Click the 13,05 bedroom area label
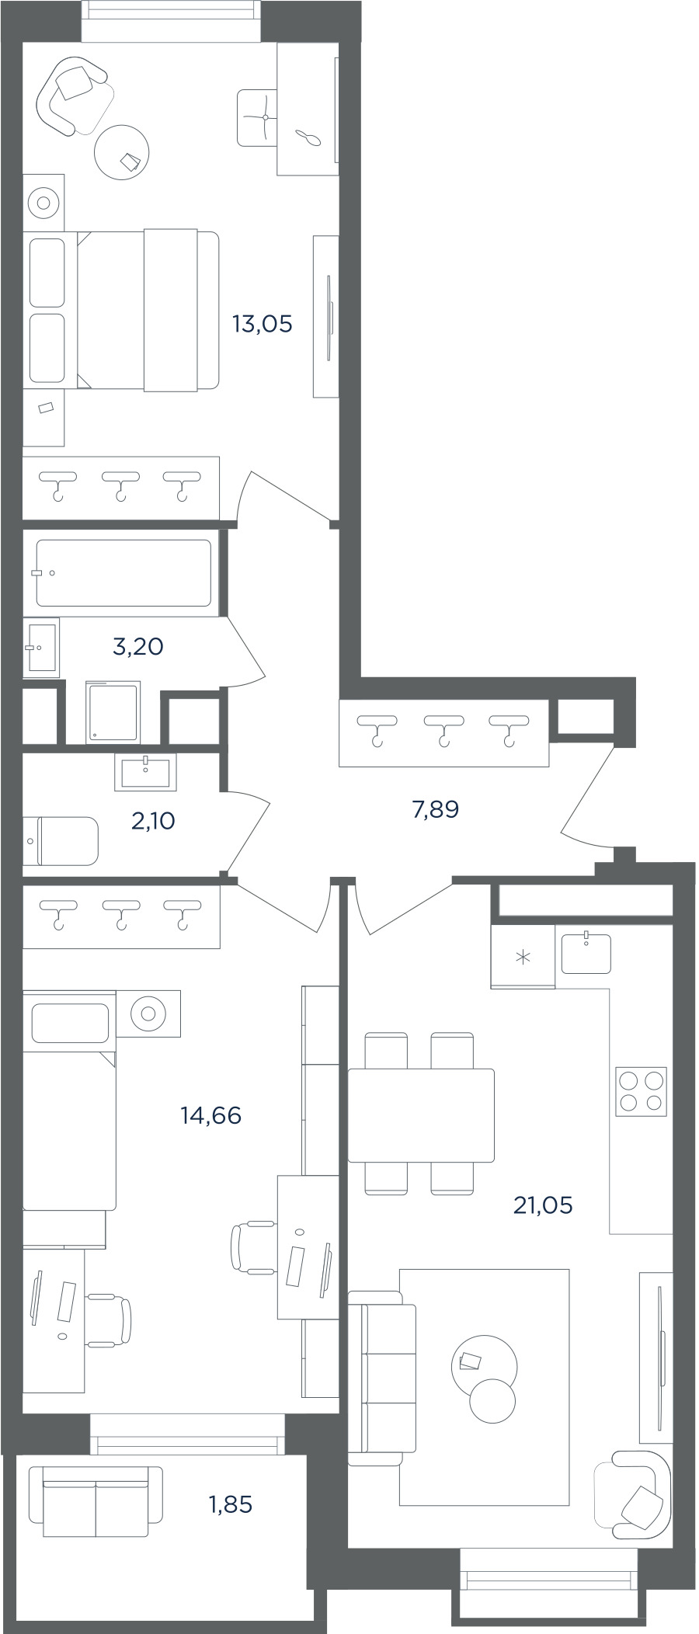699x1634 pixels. (263, 324)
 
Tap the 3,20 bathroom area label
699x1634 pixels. (138, 646)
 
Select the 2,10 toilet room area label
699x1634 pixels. (153, 820)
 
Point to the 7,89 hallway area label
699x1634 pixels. (436, 809)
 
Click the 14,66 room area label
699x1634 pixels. (211, 1115)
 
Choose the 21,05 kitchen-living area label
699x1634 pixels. (543, 1205)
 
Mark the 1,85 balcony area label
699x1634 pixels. (231, 1504)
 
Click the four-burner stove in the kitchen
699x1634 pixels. (641, 1092)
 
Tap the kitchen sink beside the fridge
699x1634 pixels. (586, 953)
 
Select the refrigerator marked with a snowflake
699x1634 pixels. (523, 956)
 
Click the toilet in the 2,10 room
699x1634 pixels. (61, 840)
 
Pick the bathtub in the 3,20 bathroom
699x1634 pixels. (123, 573)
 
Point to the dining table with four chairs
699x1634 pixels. (421, 1114)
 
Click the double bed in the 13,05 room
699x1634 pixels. (121, 311)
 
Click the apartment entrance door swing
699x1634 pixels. (588, 798)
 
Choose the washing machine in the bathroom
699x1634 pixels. (113, 711)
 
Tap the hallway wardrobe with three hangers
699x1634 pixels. (443, 733)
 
